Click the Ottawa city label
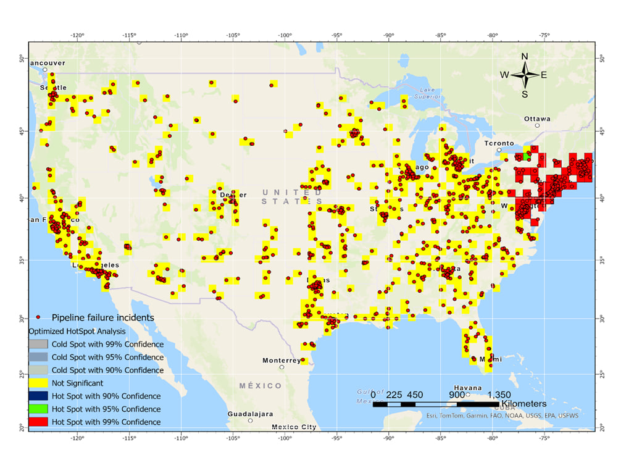click(x=536, y=119)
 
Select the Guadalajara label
click(x=250, y=414)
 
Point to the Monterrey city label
click(x=282, y=360)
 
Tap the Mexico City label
click(x=294, y=427)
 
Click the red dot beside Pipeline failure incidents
click(x=39, y=317)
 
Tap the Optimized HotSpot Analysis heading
click(x=77, y=331)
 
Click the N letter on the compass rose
click(x=525, y=57)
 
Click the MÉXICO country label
click(x=261, y=385)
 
